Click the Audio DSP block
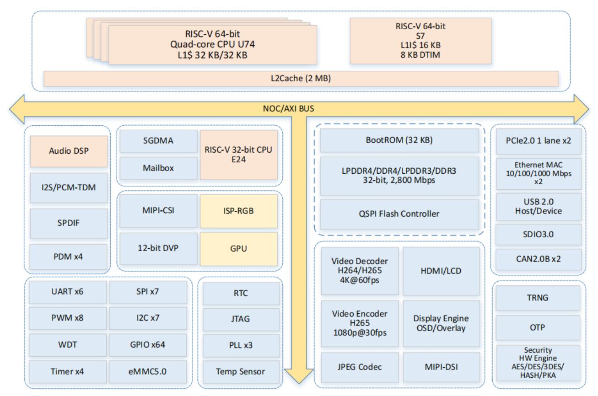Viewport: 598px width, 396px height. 69,151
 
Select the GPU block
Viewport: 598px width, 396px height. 239,249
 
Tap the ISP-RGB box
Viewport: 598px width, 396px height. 239,211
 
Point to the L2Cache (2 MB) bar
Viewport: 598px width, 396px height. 301,79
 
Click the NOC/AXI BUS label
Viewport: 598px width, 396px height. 289,109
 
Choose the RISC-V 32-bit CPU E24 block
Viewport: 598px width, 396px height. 239,155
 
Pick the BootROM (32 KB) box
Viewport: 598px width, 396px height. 399,140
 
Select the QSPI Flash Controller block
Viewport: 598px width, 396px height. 399,214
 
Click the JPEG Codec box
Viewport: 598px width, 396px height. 360,367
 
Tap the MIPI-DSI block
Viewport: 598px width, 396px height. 441,367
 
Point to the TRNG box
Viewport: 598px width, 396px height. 538,298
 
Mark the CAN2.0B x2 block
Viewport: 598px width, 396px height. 539,259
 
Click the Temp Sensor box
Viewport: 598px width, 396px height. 241,372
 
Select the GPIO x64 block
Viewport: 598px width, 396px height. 148,345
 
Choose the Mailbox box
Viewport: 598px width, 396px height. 158,168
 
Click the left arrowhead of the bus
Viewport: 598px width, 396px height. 16,109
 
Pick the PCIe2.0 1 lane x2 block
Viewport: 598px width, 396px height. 539,141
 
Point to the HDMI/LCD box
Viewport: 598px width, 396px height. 441,271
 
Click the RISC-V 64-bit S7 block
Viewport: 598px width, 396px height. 421,41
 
